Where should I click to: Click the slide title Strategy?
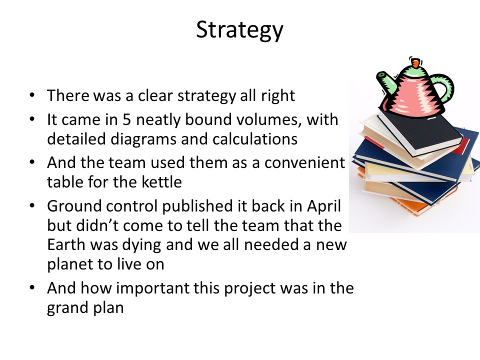tap(239, 30)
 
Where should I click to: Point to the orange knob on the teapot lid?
tap(416, 63)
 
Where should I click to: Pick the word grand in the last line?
tap(68, 308)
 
